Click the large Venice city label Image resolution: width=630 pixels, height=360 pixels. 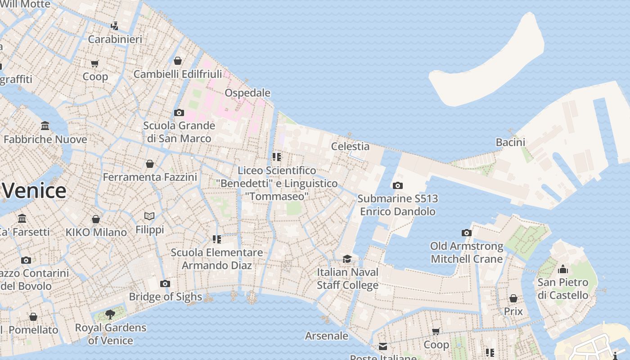tap(34, 191)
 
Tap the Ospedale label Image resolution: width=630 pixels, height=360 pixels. tap(247, 93)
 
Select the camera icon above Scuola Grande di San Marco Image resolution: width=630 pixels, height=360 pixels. tap(179, 112)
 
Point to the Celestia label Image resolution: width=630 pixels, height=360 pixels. tap(350, 146)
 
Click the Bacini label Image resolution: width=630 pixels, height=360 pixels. tap(510, 142)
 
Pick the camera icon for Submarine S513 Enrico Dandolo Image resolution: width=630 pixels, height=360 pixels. tap(397, 185)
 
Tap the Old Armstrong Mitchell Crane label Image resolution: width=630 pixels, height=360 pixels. tap(467, 252)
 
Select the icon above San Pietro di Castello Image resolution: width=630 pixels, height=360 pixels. tap(563, 270)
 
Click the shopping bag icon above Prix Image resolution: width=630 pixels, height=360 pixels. tap(513, 298)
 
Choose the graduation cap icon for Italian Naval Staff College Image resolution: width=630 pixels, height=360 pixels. tap(347, 259)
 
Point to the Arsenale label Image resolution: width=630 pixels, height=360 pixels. tap(327, 336)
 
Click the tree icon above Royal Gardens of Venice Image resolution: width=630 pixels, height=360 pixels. tap(110, 314)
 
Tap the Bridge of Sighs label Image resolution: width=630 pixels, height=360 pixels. tap(166, 297)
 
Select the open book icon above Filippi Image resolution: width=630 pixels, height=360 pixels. tap(149, 216)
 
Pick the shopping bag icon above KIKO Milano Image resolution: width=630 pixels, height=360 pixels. tap(96, 219)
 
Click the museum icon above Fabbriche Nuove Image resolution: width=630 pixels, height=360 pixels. tap(45, 126)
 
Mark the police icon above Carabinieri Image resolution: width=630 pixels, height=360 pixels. tap(115, 26)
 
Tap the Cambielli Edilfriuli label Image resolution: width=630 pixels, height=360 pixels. tap(178, 74)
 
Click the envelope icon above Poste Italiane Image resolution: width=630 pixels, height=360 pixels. tap(382, 346)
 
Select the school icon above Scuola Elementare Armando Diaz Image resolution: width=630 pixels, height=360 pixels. tap(217, 239)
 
